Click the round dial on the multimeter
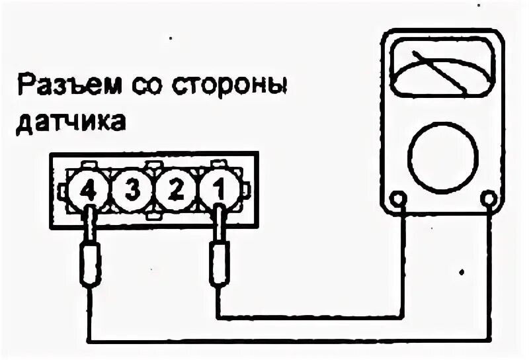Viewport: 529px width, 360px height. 442,155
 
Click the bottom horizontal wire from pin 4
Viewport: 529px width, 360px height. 291,341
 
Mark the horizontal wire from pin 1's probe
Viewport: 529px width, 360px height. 311,314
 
